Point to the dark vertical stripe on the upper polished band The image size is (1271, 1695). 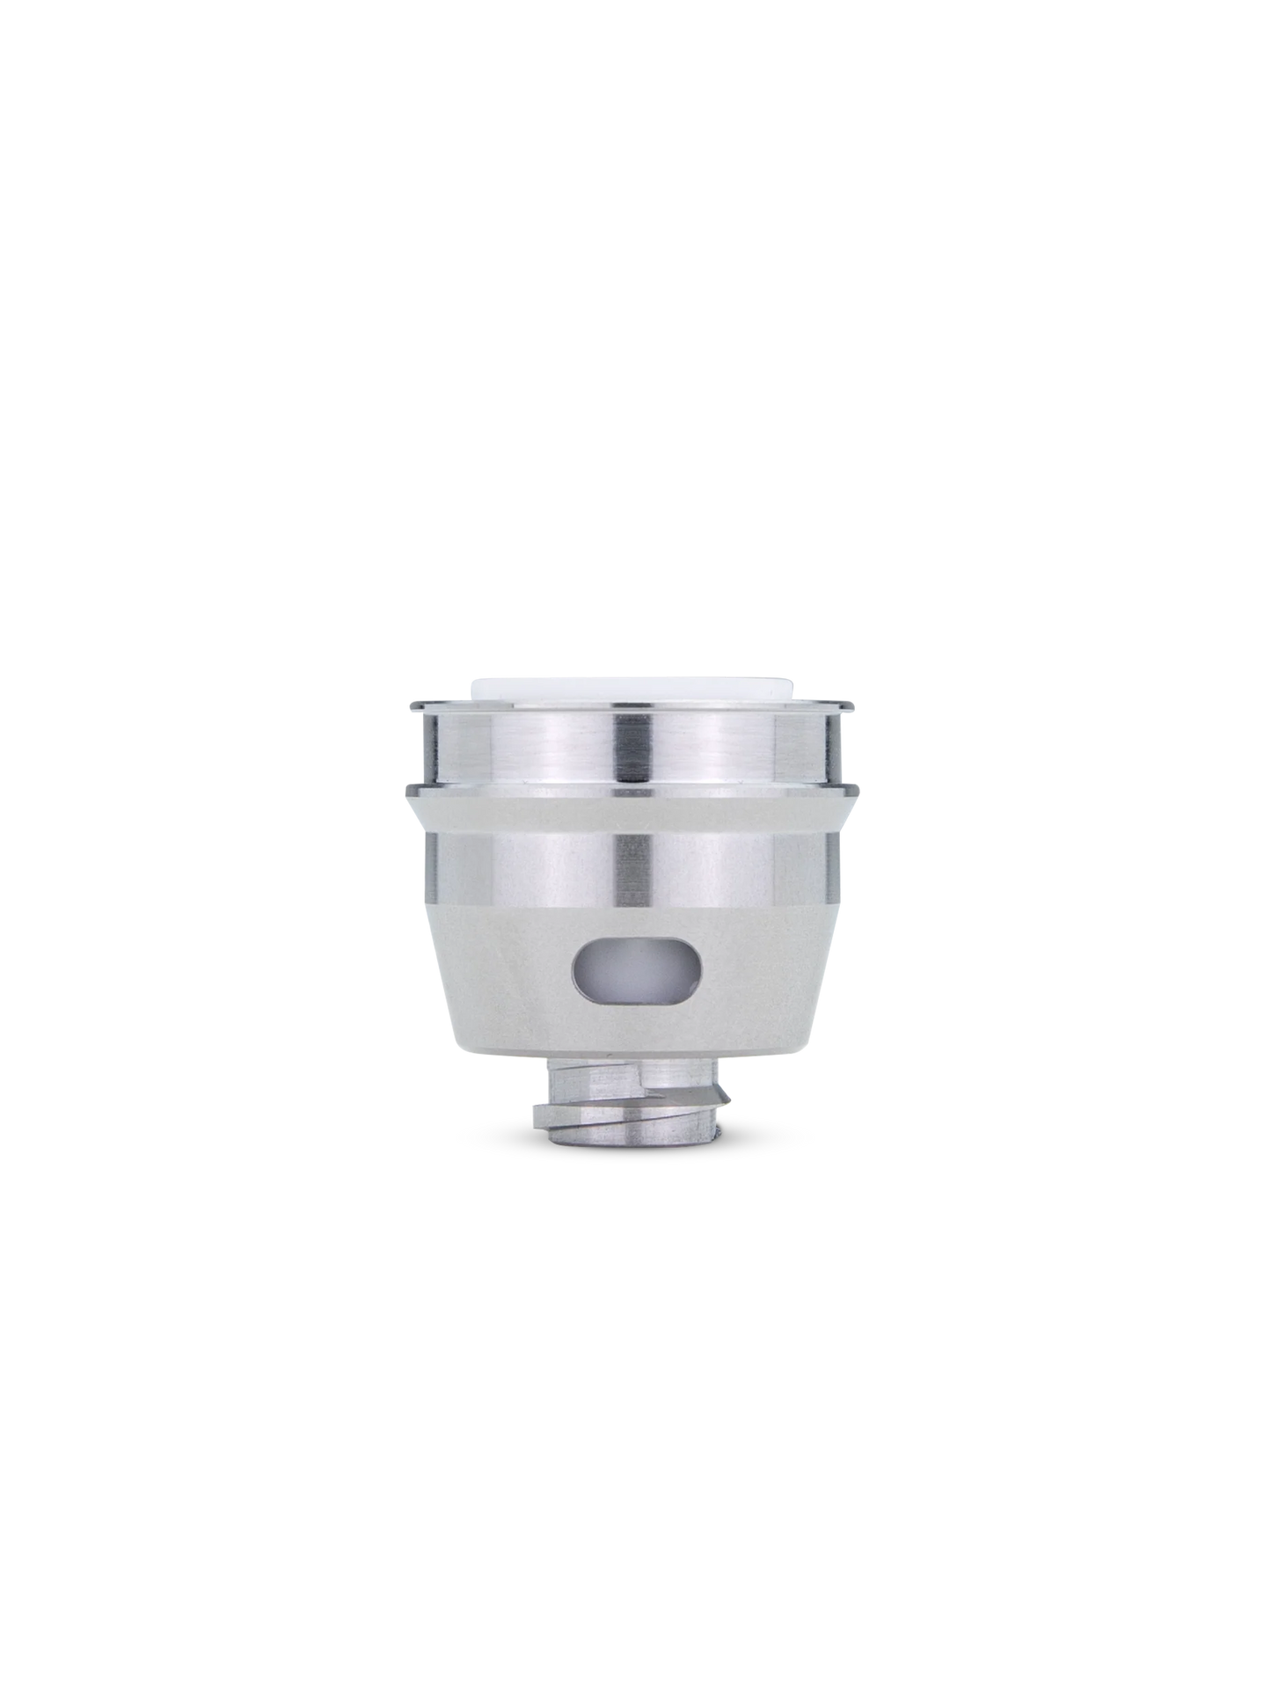630,745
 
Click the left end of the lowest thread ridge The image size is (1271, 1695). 536,1119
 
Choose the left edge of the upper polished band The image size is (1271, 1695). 424,746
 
